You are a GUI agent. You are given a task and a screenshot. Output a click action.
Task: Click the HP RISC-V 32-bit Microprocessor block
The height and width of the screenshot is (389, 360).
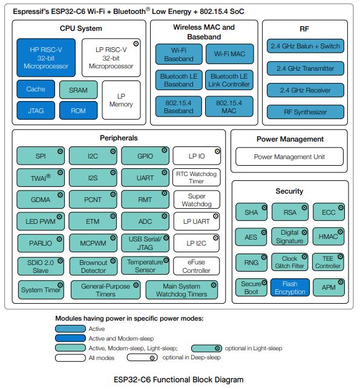46,57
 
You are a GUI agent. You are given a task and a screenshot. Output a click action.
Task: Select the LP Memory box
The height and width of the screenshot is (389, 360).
121,100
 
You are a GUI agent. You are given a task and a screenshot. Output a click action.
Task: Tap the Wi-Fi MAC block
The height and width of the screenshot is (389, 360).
229,54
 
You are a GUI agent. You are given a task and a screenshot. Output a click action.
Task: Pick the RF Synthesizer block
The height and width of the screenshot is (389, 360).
305,112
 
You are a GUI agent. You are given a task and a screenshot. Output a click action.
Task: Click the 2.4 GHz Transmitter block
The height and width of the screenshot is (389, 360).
305,68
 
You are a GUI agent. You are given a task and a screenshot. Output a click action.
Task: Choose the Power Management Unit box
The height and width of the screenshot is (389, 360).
289,157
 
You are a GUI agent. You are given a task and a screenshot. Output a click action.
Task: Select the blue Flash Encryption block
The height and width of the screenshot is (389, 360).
290,287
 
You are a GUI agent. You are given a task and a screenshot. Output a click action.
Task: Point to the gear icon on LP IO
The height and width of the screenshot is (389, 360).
217,151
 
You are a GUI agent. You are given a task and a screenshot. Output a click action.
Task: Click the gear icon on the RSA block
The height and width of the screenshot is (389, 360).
304,208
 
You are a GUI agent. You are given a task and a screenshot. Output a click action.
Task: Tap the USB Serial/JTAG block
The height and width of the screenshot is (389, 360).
145,243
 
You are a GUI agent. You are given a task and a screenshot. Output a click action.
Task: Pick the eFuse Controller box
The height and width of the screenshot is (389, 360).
196,266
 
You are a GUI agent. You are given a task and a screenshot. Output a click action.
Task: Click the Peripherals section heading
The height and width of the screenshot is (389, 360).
119,138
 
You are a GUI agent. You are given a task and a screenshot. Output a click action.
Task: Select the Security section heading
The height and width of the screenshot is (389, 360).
289,191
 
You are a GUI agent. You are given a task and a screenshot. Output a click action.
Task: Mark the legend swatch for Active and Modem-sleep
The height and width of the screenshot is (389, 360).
70,338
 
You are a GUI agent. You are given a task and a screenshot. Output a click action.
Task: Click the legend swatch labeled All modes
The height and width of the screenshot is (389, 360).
70,358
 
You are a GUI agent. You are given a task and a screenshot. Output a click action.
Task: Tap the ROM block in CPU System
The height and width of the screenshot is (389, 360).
78,110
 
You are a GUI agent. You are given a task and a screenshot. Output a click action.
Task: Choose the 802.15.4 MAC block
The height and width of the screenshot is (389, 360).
229,106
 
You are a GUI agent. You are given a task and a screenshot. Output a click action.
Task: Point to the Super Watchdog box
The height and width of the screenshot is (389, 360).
197,200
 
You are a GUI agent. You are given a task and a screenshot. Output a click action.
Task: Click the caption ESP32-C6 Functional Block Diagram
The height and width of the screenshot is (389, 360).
178,379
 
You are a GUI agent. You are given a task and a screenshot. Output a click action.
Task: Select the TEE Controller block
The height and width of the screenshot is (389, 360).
328,262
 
